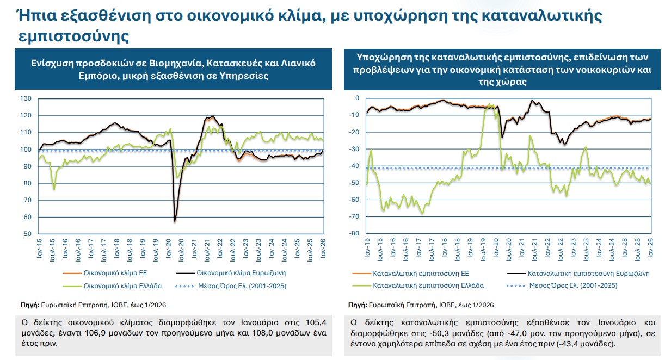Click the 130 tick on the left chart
(26, 98)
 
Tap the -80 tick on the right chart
(354, 234)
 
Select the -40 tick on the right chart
(354, 166)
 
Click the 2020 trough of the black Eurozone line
(175, 221)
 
